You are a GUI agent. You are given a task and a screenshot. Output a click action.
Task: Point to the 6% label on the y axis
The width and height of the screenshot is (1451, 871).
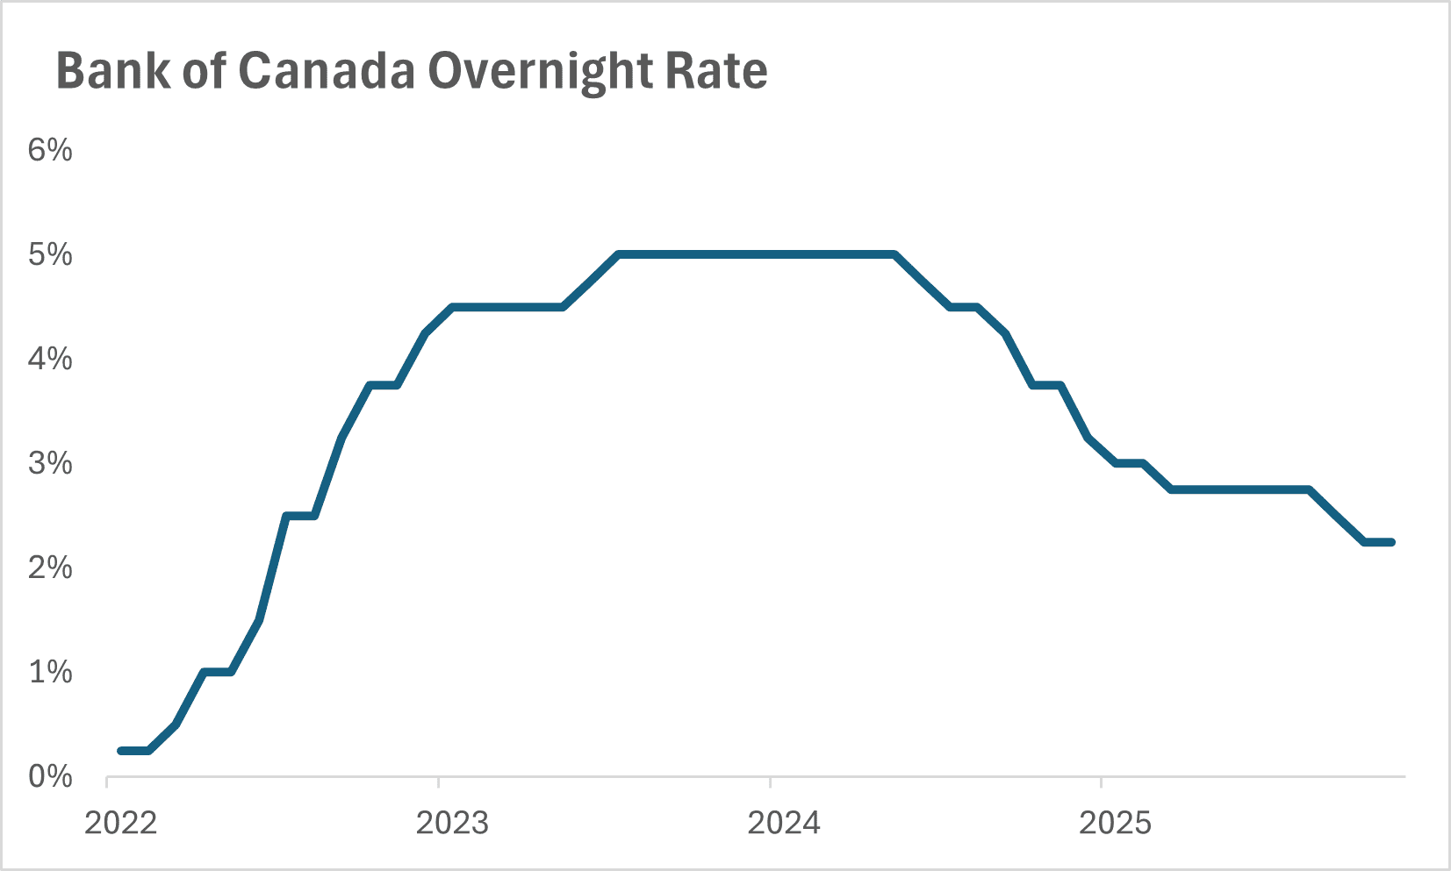[x=50, y=150]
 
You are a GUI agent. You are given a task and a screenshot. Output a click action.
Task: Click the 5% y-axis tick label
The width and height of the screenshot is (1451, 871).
[x=50, y=254]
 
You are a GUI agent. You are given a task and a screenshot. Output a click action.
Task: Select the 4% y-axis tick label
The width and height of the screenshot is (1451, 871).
[x=50, y=359]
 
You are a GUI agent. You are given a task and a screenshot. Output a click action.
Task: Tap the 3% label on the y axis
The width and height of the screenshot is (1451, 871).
[x=50, y=463]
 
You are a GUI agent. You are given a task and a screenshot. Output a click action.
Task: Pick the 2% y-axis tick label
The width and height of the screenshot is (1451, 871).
[x=50, y=568]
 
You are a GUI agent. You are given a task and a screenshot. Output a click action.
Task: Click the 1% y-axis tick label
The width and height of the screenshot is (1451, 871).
[x=50, y=672]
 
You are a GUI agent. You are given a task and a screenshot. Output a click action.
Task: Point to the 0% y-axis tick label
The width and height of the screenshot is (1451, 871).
[x=50, y=776]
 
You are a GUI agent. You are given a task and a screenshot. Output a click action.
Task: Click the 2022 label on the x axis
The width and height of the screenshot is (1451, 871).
[x=120, y=824]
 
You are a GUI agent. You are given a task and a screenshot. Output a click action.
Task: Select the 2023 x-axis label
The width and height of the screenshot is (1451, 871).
[x=452, y=824]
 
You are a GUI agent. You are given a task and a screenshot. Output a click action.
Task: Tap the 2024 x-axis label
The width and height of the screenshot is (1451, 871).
[x=783, y=824]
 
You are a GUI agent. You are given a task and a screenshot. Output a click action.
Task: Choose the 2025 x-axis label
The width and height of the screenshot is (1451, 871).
[x=1115, y=824]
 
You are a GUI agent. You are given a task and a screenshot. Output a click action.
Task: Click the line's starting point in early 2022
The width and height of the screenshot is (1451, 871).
[x=121, y=751]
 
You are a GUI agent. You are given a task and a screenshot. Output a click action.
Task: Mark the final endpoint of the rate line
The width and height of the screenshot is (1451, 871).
[x=1391, y=542]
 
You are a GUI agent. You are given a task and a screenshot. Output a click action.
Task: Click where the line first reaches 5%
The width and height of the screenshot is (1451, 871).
[x=619, y=254]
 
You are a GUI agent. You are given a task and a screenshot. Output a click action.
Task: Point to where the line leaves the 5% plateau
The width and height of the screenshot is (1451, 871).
[x=894, y=254]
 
